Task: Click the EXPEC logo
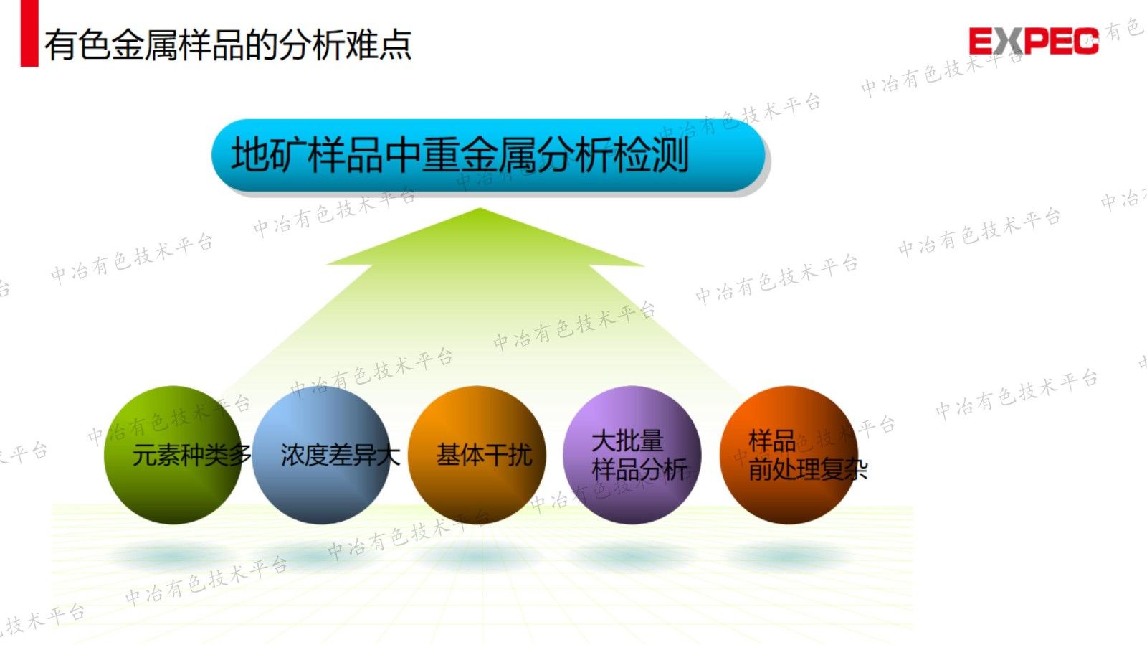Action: point(1033,41)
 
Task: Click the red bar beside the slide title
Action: point(29,34)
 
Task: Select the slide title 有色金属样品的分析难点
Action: point(228,44)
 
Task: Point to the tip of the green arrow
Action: point(480,209)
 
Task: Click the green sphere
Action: point(172,455)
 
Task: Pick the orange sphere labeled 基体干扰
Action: point(477,455)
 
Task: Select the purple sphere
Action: point(632,455)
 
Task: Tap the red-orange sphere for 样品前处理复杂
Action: point(789,455)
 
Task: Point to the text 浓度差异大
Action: point(340,455)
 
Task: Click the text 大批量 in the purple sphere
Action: point(627,441)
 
